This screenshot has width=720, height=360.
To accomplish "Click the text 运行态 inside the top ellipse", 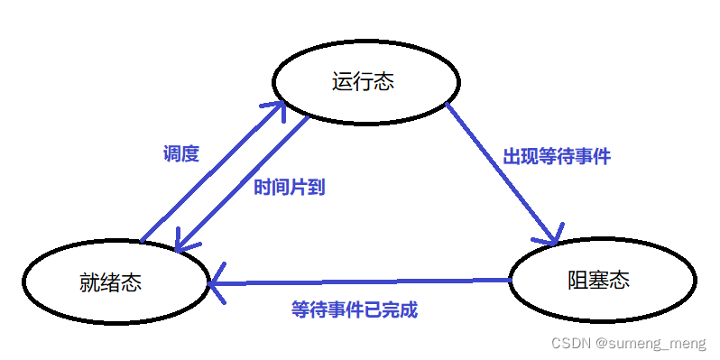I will click(x=364, y=82).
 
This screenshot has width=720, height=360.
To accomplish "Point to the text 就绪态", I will click(x=110, y=282).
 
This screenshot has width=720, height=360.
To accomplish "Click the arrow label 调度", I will click(x=180, y=153).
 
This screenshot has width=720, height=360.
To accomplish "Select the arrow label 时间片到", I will click(x=289, y=187).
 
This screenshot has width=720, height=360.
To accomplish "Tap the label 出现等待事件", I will click(x=557, y=156).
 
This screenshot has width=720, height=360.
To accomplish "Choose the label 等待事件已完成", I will click(x=355, y=309).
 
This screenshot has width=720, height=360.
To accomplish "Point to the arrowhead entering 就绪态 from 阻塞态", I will click(x=217, y=286).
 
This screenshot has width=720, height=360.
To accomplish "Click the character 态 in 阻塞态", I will click(x=618, y=280).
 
